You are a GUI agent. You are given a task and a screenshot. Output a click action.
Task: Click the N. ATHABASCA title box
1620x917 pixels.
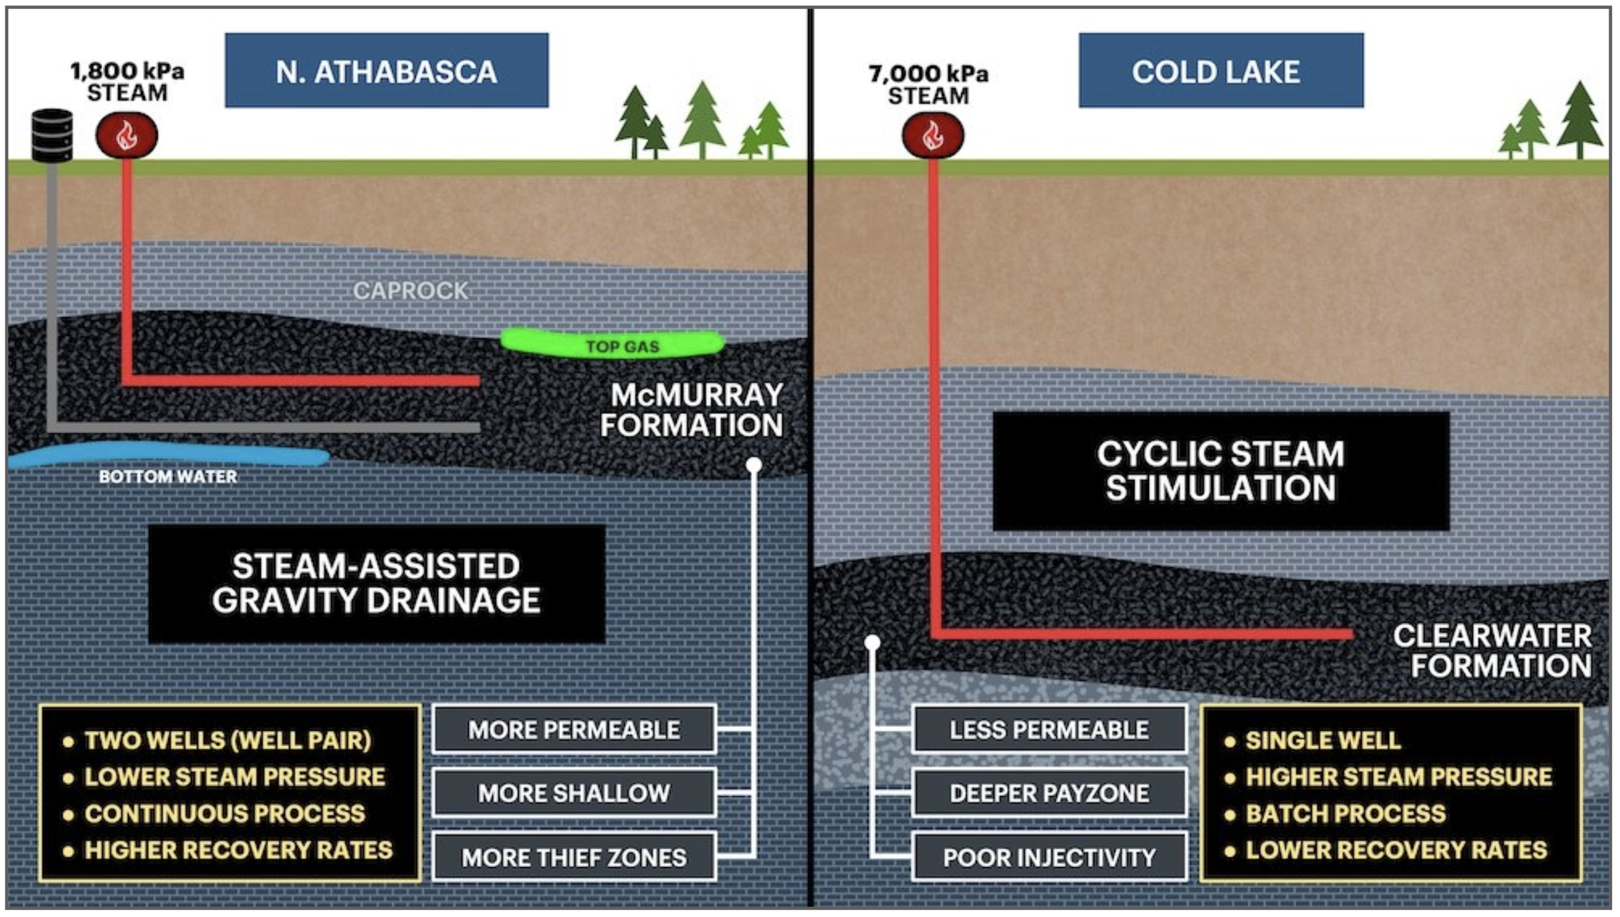pyautogui.click(x=386, y=71)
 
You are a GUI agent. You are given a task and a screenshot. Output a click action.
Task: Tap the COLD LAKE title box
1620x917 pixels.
pyautogui.click(x=1220, y=71)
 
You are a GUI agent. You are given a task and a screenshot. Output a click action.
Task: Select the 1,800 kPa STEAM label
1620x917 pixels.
pyautogui.click(x=127, y=82)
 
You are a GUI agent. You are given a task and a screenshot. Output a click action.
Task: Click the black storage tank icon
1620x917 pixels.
pyautogui.click(x=52, y=135)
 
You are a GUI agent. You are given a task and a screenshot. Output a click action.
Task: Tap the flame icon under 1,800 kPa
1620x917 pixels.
pyautogui.click(x=126, y=135)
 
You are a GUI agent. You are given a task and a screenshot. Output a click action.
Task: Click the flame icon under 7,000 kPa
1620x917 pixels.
pyautogui.click(x=932, y=135)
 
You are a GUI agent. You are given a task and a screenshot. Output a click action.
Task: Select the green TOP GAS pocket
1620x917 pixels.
pyautogui.click(x=612, y=343)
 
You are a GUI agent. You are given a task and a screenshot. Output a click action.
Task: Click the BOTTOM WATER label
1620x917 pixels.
pyautogui.click(x=168, y=477)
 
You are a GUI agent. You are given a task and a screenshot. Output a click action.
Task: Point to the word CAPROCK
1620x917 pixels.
pyautogui.click(x=410, y=291)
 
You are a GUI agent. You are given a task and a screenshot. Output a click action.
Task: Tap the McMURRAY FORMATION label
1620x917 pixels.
pyautogui.click(x=693, y=410)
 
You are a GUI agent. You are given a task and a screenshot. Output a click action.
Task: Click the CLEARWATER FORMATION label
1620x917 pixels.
pyautogui.click(x=1492, y=651)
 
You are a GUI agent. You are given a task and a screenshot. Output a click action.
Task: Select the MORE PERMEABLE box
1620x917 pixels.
pyautogui.click(x=574, y=730)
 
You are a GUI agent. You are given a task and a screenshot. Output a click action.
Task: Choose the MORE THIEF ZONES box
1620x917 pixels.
pyautogui.click(x=574, y=857)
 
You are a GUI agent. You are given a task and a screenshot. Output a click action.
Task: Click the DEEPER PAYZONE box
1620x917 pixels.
pyautogui.click(x=1049, y=793)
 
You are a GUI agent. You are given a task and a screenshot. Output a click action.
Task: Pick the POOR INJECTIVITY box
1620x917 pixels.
pyautogui.click(x=1049, y=857)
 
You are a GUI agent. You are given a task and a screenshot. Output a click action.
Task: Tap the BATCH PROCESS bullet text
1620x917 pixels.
pyautogui.click(x=1345, y=813)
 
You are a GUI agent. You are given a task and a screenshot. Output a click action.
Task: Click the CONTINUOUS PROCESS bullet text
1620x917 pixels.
pyautogui.click(x=225, y=813)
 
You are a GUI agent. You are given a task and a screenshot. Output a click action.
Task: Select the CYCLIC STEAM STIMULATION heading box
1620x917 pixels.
pyautogui.click(x=1220, y=471)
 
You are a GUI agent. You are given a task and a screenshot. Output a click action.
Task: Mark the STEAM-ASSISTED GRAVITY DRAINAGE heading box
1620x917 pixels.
pyautogui.click(x=376, y=584)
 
